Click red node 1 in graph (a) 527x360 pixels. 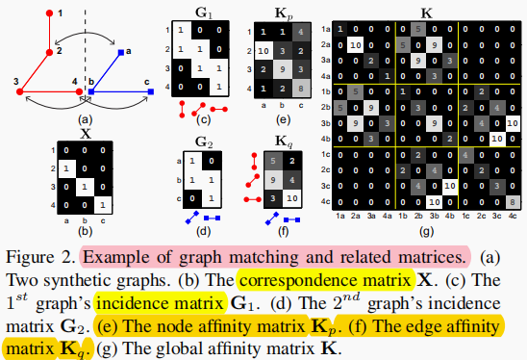[49, 13]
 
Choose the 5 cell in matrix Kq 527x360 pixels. [277, 161]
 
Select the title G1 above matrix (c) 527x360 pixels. [206, 16]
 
